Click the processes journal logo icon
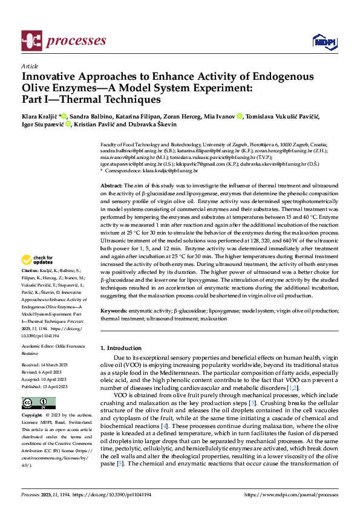coord(32,41)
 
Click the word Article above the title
coord(29,66)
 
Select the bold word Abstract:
coord(111,185)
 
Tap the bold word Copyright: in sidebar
coord(31,416)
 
